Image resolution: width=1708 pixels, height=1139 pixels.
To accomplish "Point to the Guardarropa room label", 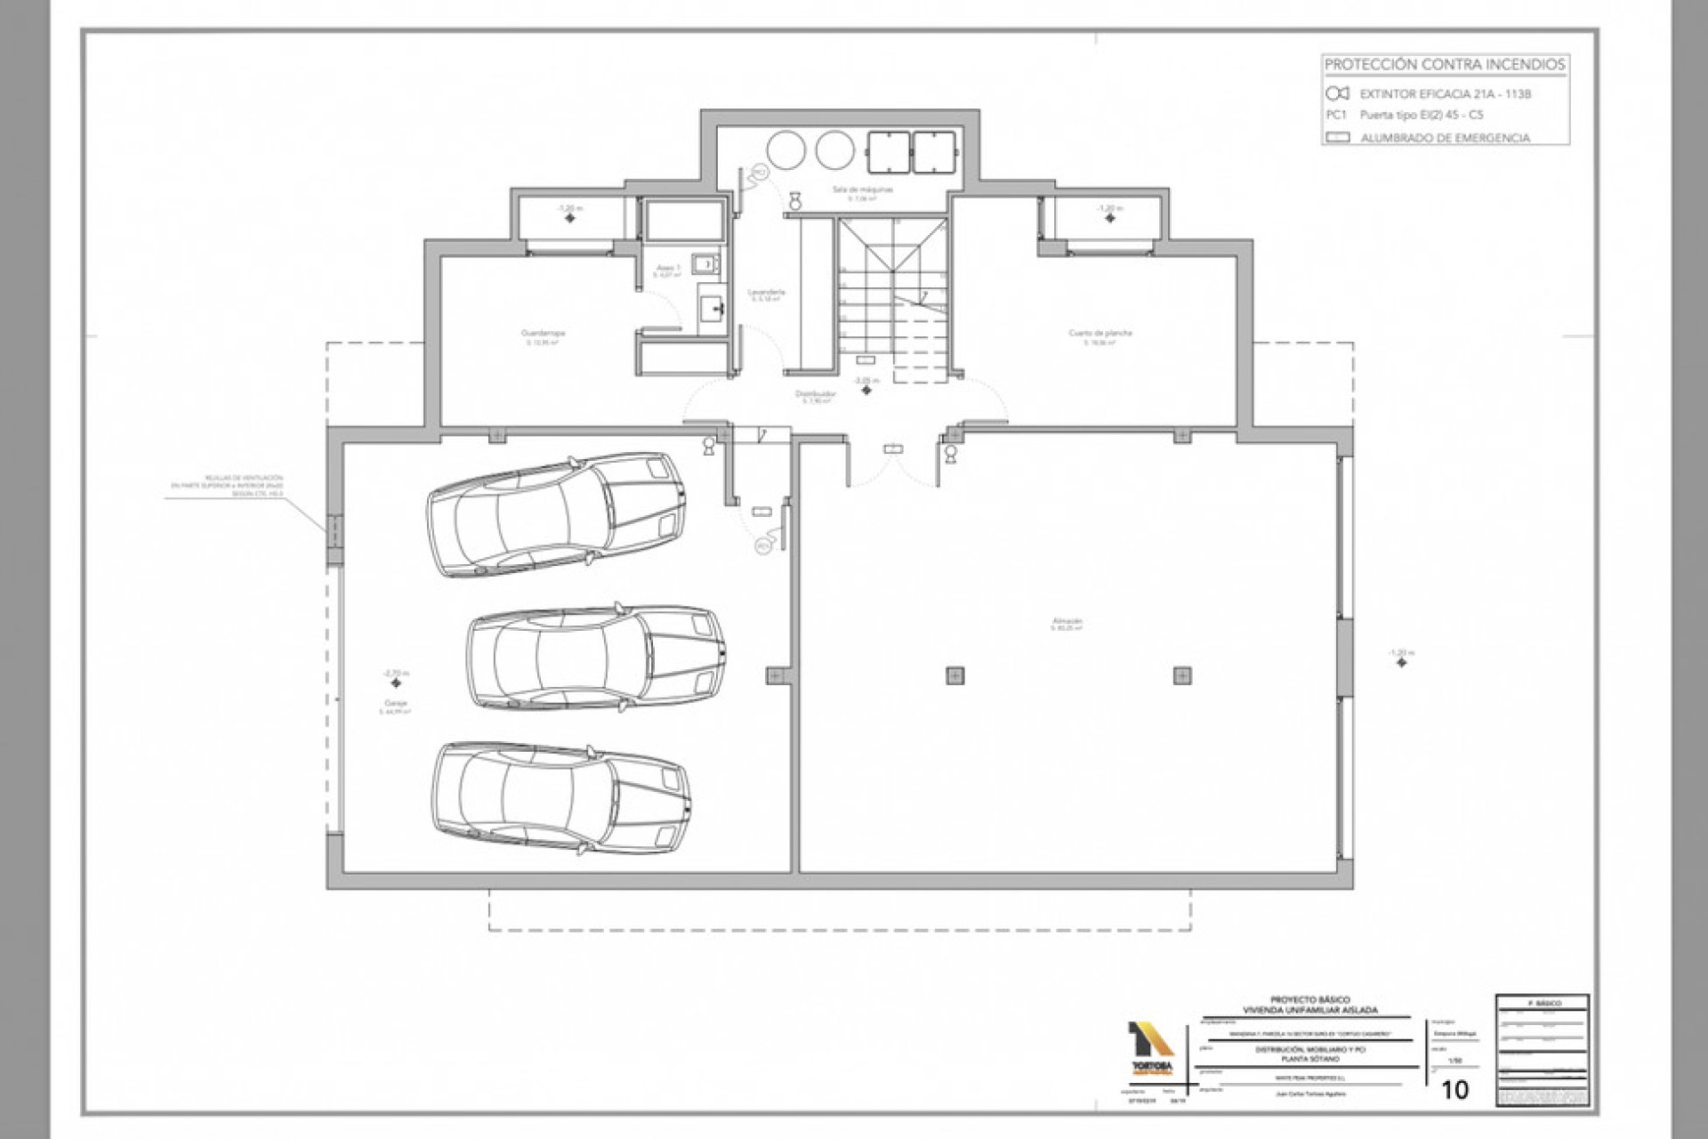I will tap(543, 335).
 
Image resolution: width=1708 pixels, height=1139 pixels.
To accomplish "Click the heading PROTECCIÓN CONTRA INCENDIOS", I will tap(1445, 65).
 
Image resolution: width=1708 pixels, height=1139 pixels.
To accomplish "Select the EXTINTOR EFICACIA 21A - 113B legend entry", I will tap(1433, 93).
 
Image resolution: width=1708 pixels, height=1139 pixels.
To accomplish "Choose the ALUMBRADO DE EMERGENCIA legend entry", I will tap(1445, 139).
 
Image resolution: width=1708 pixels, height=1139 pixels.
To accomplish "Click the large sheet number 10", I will tap(1455, 1089).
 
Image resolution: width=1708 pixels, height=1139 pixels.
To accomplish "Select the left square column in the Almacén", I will tap(955, 675).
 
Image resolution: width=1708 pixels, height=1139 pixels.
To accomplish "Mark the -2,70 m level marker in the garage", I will tap(394, 675).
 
